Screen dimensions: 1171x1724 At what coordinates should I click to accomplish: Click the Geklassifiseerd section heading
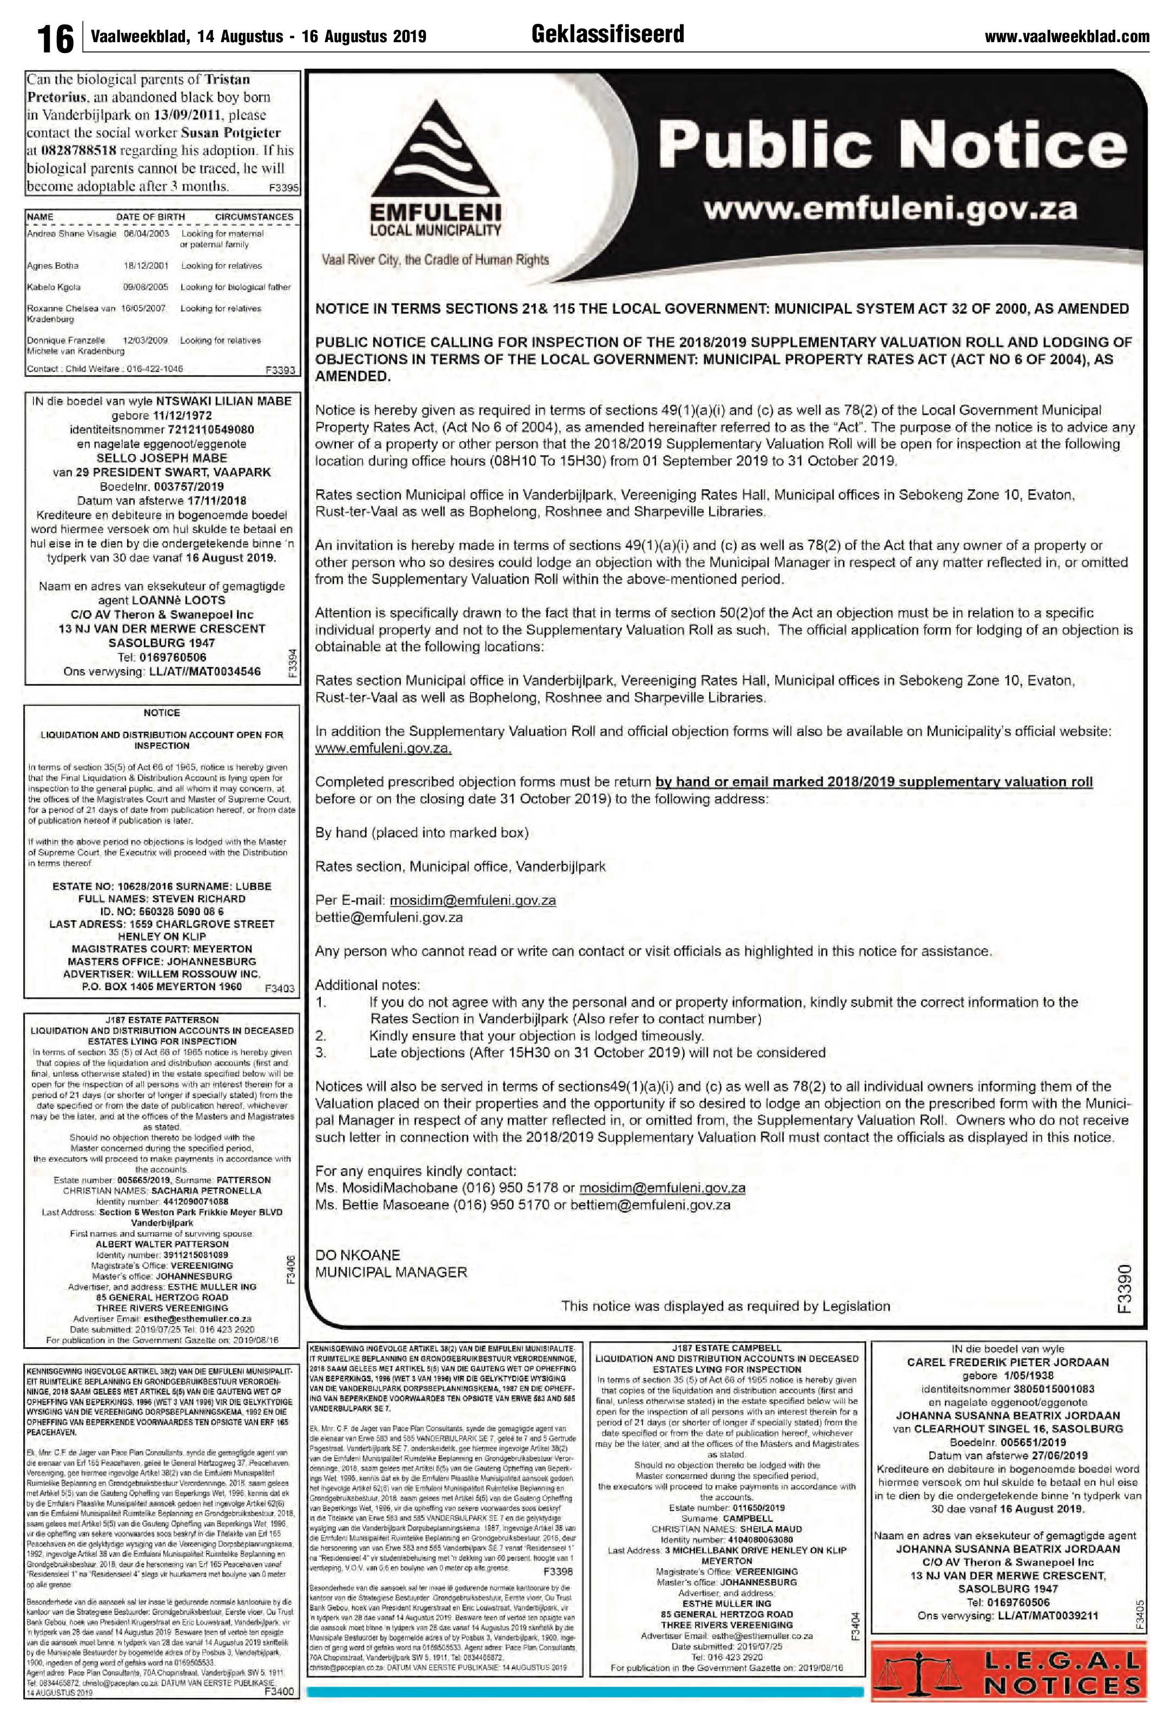(x=608, y=34)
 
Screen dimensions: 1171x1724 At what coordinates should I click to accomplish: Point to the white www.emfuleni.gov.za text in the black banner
(x=890, y=210)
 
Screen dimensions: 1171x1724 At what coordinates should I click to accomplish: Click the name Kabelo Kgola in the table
(x=54, y=287)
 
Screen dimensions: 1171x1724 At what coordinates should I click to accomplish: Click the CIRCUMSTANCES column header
(x=254, y=217)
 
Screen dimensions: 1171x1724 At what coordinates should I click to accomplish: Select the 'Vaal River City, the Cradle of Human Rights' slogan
(x=435, y=259)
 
